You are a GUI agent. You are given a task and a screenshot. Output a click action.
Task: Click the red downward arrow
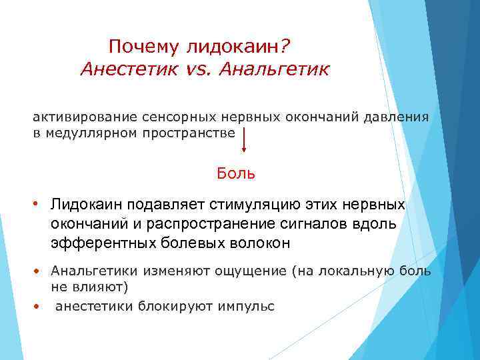[244, 141]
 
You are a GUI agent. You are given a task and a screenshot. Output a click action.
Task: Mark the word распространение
[193, 223]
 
